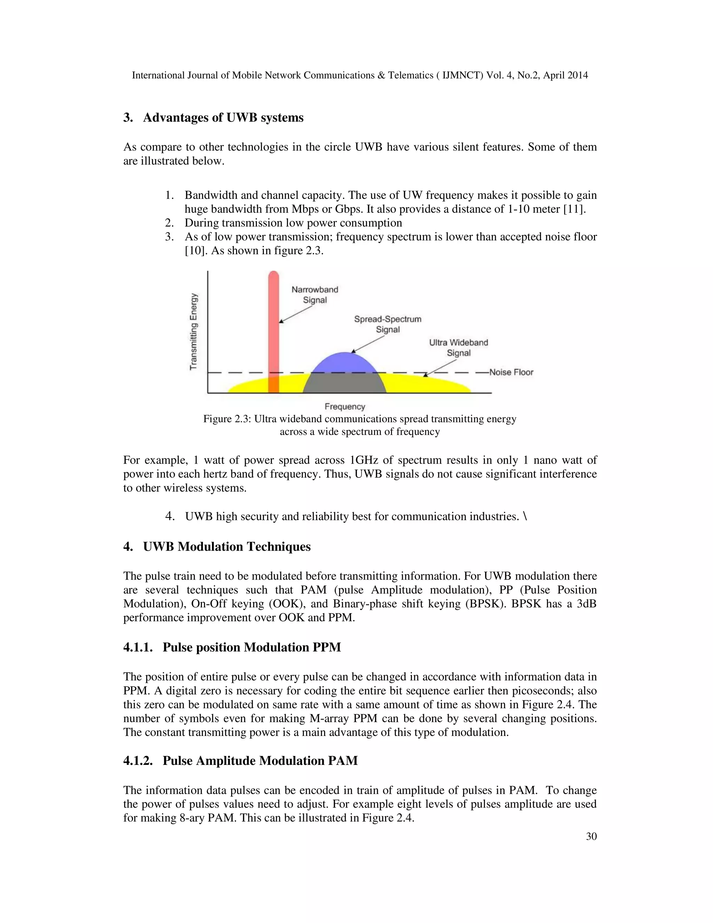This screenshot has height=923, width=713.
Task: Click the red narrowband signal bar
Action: coord(274,321)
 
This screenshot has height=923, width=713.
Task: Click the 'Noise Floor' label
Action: coord(511,372)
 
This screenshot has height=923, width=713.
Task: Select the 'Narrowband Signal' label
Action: coord(315,295)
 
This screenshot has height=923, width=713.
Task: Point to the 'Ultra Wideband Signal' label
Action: coord(458,347)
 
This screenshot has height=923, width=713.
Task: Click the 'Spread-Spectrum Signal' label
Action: coord(388,324)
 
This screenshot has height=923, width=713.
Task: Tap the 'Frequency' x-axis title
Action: coord(345,406)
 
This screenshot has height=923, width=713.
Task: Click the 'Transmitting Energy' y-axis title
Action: coord(194,332)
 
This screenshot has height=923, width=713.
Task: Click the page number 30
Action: coord(591,836)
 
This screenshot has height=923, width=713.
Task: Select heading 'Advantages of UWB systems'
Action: coord(223,117)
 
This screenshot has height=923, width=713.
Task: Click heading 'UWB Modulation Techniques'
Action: coord(227,546)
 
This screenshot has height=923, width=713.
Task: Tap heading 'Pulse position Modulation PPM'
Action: coord(251,647)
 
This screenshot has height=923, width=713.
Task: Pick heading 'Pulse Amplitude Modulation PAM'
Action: coord(260,760)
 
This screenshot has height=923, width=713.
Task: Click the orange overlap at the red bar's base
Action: coord(274,384)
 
